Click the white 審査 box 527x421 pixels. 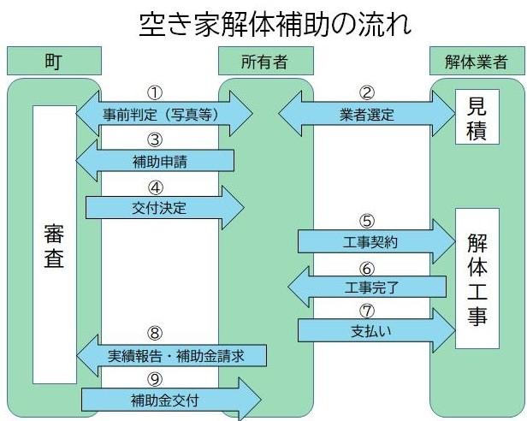54,246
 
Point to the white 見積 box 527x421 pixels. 477,118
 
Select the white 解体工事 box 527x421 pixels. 477,278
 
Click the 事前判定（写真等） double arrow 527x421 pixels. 164,113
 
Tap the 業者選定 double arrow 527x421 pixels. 367,113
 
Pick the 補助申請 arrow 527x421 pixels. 156,159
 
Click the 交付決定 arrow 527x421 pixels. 163,205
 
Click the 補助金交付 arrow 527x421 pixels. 169,399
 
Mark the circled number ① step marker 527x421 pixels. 156,92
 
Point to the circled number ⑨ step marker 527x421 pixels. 156,377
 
